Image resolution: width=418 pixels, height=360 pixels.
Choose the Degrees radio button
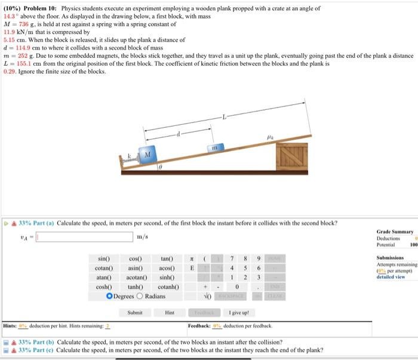[x=109, y=296]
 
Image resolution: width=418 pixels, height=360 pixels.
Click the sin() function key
[x=104, y=259]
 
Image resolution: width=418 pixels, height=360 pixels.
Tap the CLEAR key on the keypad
[x=275, y=296]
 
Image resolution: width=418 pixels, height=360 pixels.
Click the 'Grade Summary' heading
[x=394, y=231]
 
